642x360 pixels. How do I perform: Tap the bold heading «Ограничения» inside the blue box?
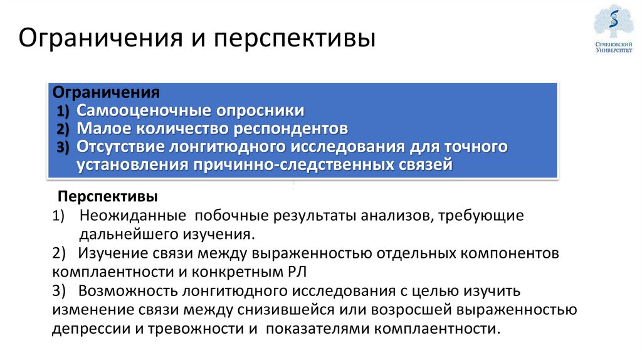pos(106,92)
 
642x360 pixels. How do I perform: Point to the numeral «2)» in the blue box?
pos(65,130)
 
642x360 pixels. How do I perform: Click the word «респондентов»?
pos(291,129)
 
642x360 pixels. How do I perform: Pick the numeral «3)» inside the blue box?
pos(65,148)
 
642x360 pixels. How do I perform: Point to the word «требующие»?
pos(481,216)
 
